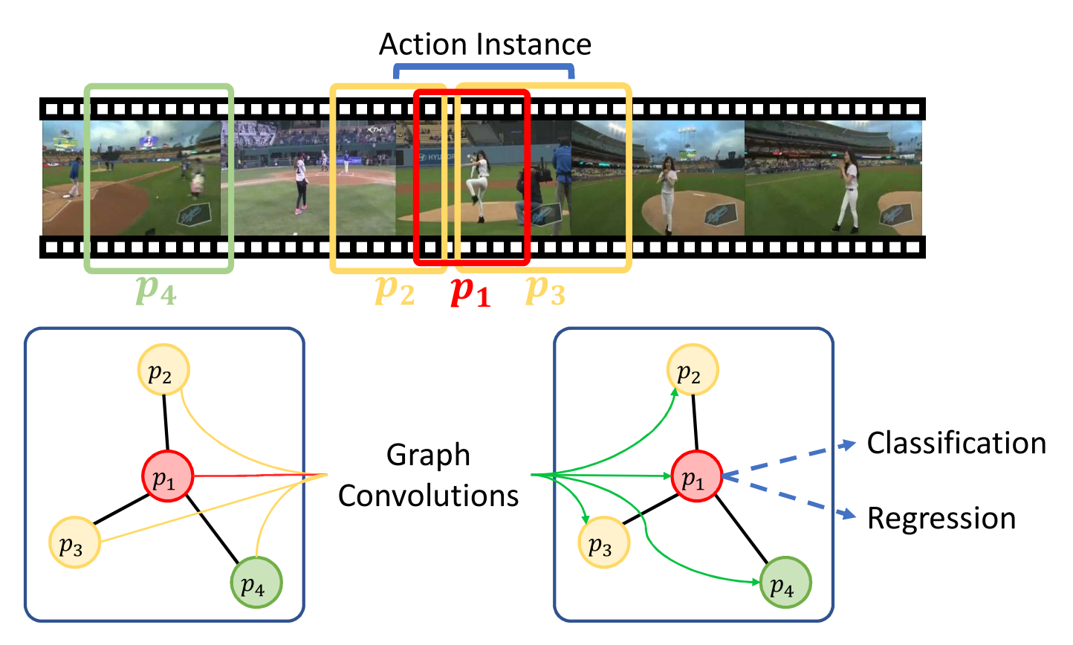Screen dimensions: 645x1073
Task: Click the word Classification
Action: point(956,444)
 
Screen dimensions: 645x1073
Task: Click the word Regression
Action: point(941,519)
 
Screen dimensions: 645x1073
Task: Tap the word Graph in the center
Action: point(428,456)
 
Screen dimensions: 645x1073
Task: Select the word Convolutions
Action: point(428,496)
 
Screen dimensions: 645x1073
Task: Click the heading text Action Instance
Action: point(484,45)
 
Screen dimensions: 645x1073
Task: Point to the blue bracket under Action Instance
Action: point(484,66)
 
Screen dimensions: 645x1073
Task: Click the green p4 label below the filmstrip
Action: point(156,291)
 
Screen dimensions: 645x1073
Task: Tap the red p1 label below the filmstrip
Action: point(471,291)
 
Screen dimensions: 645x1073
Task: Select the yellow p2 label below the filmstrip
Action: point(395,291)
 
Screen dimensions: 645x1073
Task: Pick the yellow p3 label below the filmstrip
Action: point(545,291)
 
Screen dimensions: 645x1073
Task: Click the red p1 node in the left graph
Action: point(167,476)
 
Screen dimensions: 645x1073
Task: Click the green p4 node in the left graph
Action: point(256,583)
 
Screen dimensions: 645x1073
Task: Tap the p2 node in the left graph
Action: point(163,370)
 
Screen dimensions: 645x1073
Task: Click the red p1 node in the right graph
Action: point(696,476)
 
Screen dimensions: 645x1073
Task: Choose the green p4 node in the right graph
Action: point(785,583)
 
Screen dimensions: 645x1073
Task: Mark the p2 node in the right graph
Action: point(693,370)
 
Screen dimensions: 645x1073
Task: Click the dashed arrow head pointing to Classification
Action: point(847,444)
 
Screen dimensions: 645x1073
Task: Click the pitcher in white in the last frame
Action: point(847,189)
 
